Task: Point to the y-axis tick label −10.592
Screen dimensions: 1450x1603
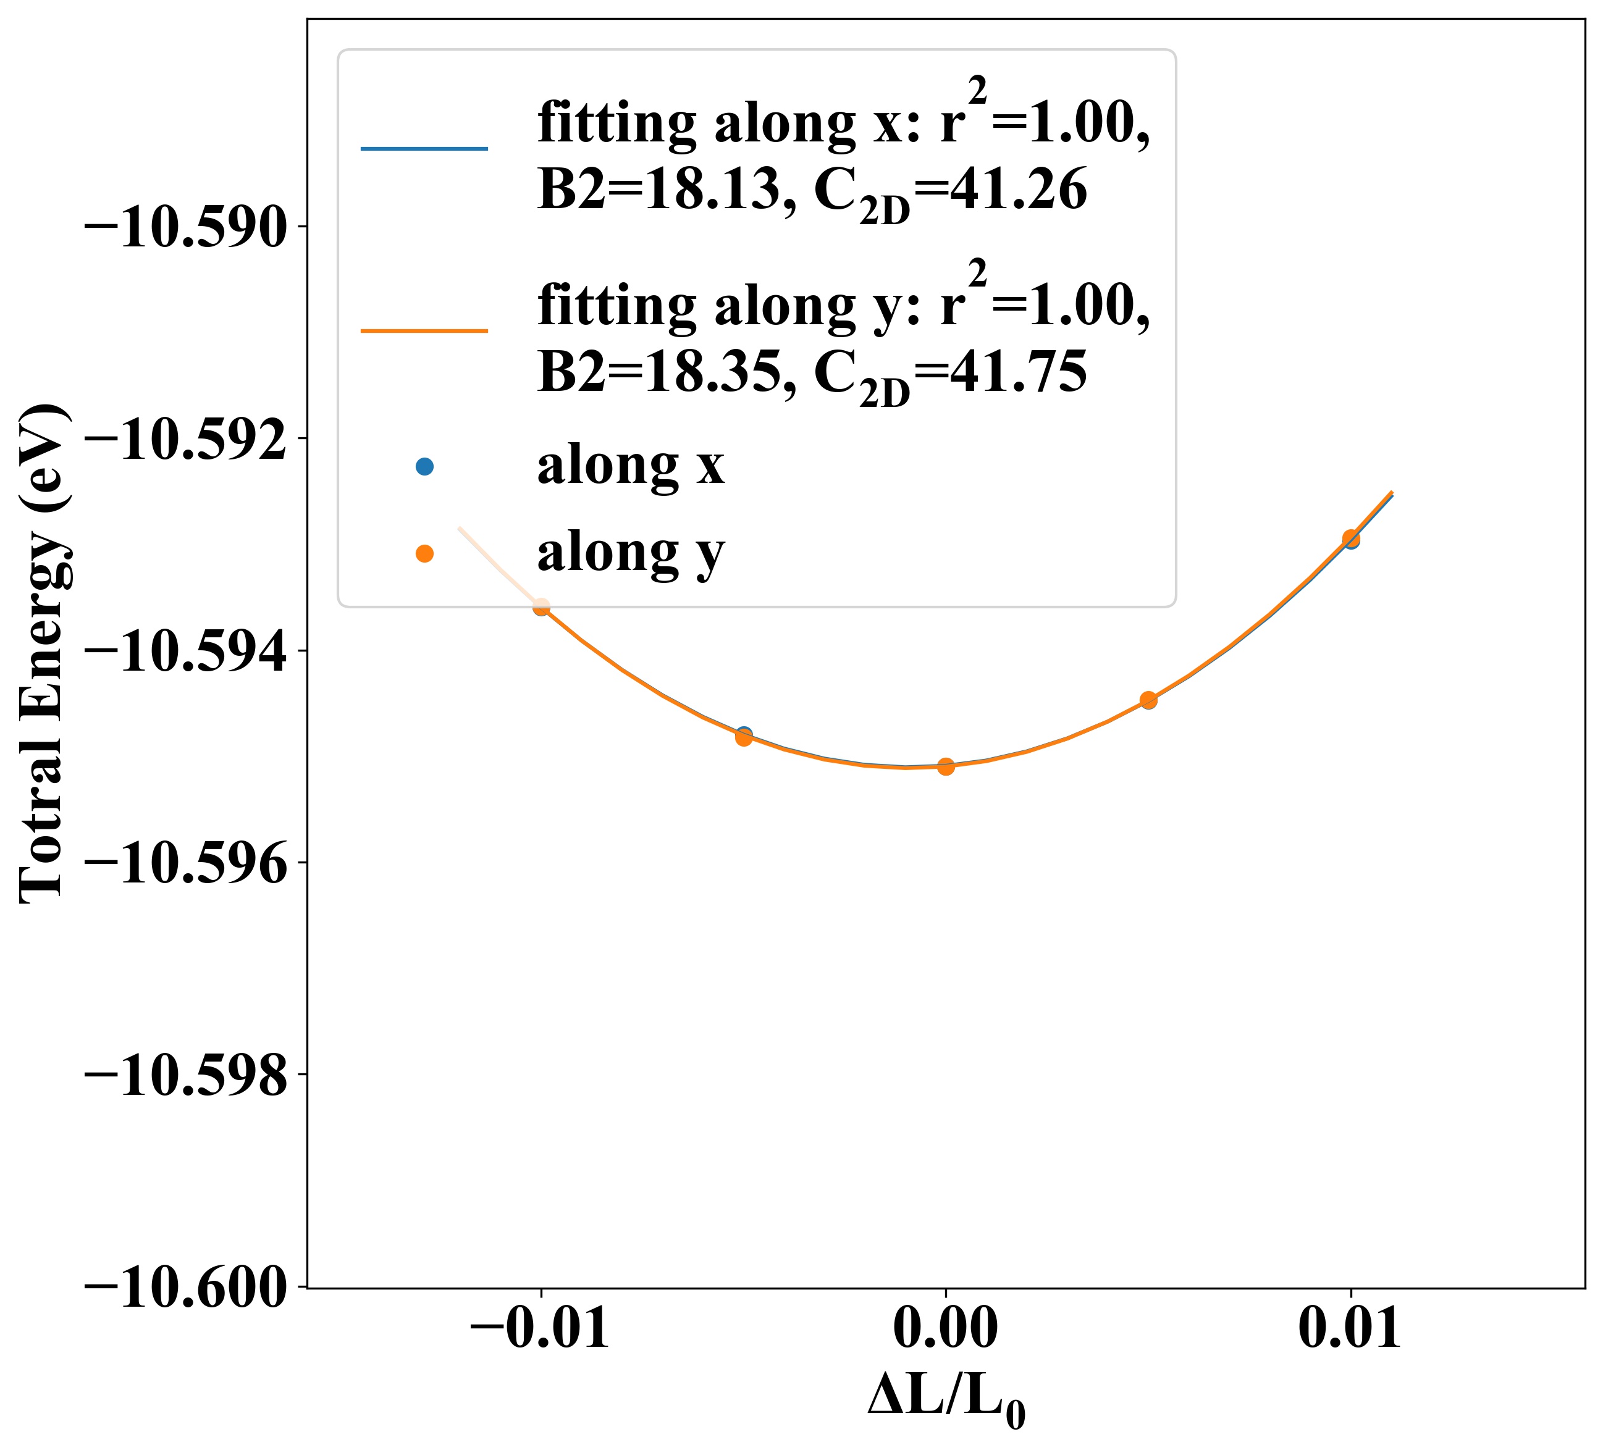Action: (x=185, y=440)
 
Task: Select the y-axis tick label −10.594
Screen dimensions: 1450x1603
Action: (x=185, y=653)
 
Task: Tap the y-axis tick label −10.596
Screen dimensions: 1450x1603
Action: (x=185, y=865)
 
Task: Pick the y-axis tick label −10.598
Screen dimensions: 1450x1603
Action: (x=185, y=1077)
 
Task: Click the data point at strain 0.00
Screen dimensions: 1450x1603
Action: (x=945, y=766)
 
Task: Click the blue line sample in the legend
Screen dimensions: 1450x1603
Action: (x=424, y=149)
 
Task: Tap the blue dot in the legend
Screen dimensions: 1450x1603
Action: (x=424, y=467)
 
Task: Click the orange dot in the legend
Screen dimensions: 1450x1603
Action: (x=424, y=553)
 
